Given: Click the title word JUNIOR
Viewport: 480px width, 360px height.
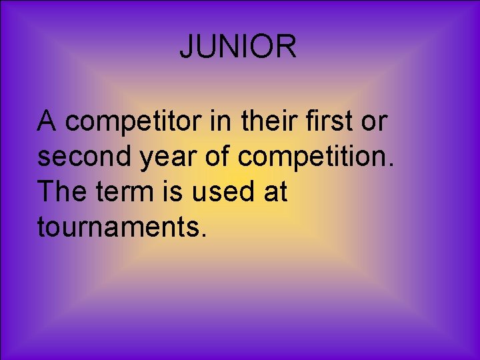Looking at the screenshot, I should pyautogui.click(x=238, y=47).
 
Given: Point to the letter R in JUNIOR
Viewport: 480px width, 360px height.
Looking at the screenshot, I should pyautogui.click(x=287, y=47).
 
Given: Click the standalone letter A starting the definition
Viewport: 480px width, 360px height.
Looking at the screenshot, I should pyautogui.click(x=47, y=121).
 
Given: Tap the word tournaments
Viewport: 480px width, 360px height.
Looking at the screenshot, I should pyautogui.click(x=117, y=228).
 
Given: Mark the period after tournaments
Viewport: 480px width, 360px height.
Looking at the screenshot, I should pyautogui.click(x=203, y=235).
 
